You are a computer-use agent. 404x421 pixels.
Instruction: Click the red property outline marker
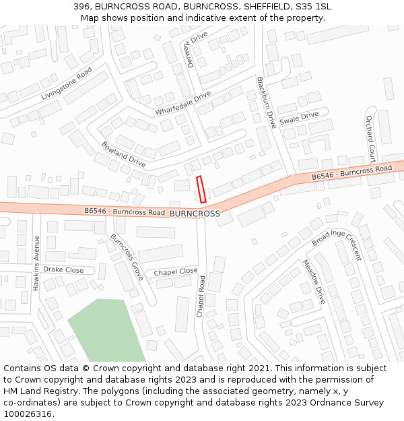[201, 189]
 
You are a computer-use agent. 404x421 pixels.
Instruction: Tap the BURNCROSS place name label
[195, 214]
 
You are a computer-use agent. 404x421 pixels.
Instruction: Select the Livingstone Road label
[66, 84]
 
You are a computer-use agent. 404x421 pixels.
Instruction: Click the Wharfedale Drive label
[183, 102]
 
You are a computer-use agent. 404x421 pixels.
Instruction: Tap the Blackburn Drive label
[266, 102]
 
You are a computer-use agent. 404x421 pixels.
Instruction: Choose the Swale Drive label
[299, 117]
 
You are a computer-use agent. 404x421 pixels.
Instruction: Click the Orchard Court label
[370, 138]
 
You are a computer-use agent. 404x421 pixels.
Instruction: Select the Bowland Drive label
[123, 154]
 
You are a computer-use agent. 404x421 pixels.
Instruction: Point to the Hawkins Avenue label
[36, 263]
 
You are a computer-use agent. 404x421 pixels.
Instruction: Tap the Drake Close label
[63, 269]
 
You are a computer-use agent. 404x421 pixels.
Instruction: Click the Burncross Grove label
[127, 256]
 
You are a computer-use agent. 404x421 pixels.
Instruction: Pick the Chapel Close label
[176, 271]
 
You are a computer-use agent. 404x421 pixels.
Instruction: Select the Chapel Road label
[200, 296]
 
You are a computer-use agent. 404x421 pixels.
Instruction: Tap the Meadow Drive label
[314, 282]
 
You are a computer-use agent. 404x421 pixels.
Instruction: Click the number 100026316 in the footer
[29, 414]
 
